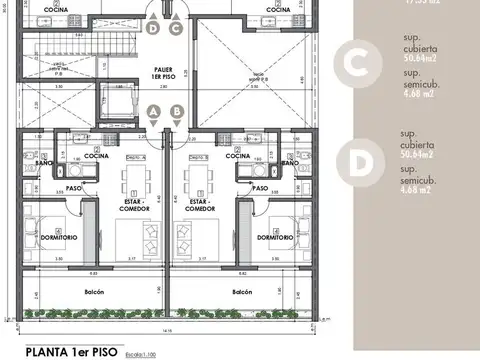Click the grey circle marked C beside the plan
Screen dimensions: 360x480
coord(353,60)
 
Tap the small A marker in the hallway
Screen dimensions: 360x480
coord(154,111)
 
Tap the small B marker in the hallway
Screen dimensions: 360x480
coord(176,111)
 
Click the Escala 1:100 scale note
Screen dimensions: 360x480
coord(147,352)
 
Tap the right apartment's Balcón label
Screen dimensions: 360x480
coord(242,292)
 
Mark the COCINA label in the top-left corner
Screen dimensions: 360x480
coord(57,10)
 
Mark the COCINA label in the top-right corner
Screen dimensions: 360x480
coord(278,10)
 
